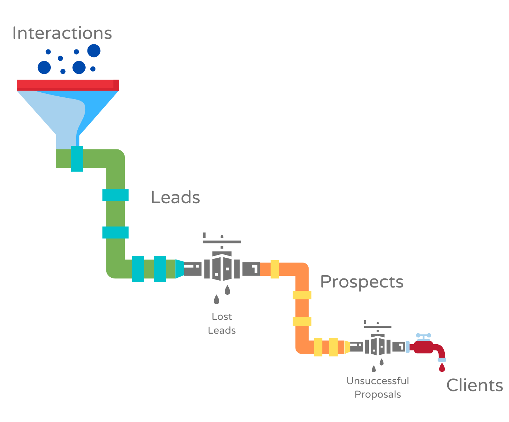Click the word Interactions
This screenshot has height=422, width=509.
tap(62, 33)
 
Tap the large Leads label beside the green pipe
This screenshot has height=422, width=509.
tap(175, 197)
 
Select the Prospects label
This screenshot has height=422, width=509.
tap(362, 282)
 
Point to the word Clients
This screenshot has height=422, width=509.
tap(475, 385)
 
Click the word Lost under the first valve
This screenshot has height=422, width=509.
tap(222, 317)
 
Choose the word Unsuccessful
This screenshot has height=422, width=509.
tap(378, 381)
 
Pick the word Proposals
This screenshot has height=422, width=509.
tap(378, 394)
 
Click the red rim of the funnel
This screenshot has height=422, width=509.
tap(68, 85)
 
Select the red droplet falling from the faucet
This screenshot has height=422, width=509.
tap(442, 368)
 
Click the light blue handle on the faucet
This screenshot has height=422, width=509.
tap(424, 335)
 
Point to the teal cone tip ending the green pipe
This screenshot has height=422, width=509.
tap(180, 269)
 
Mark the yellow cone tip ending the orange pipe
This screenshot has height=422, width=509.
tap(347, 347)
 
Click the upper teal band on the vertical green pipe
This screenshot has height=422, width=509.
tap(115, 195)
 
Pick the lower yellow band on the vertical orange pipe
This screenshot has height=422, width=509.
tap(302, 321)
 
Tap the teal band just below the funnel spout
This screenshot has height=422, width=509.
tap(77, 158)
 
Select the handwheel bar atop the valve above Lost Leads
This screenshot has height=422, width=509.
tap(222, 242)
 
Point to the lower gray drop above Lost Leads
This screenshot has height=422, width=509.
tap(216, 300)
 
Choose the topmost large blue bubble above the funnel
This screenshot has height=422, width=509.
tap(94, 51)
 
